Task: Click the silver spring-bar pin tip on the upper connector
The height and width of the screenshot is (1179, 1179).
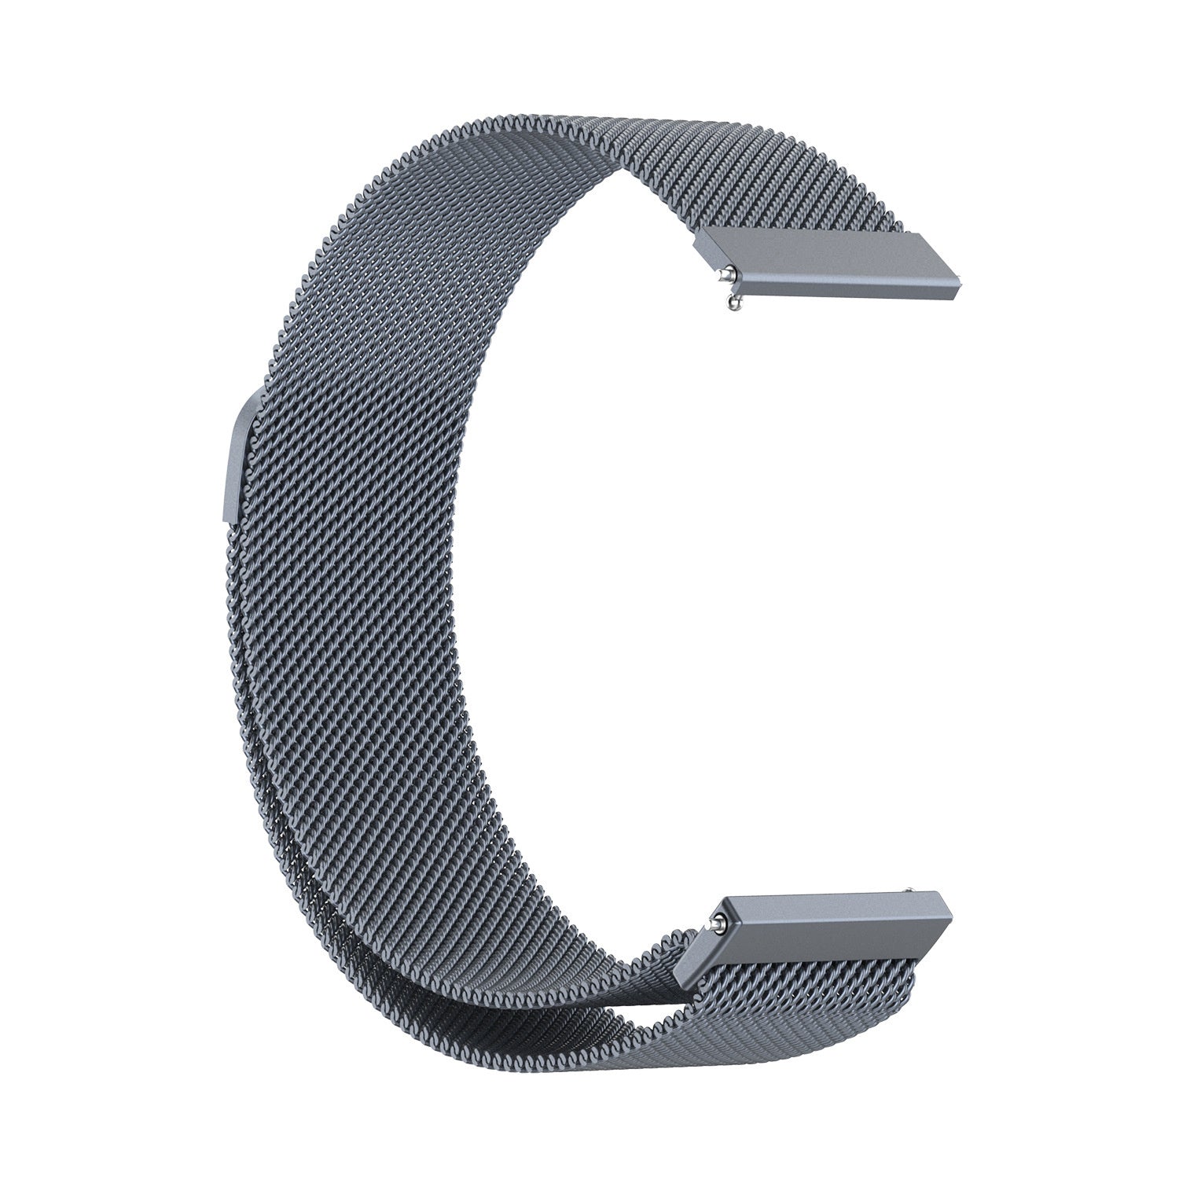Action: click(x=731, y=274)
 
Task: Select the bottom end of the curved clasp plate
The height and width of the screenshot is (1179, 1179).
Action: click(x=232, y=519)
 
